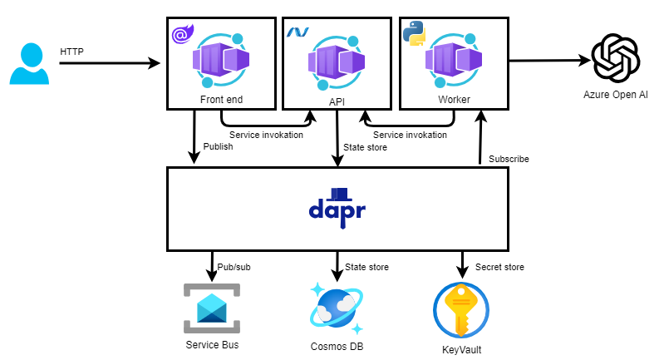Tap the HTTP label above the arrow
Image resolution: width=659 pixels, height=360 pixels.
72,52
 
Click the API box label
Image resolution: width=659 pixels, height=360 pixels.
337,101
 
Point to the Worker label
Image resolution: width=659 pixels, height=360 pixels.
454,101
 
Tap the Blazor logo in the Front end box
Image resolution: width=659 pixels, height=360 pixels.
180,34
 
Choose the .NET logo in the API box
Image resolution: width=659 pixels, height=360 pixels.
298,32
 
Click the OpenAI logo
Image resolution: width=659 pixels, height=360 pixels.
616,58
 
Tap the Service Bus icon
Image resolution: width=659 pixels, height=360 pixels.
210,305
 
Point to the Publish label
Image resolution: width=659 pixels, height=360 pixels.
219,146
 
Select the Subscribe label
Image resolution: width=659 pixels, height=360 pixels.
509,158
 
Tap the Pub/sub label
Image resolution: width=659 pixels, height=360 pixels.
234,267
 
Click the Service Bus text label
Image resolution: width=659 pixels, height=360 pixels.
210,344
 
